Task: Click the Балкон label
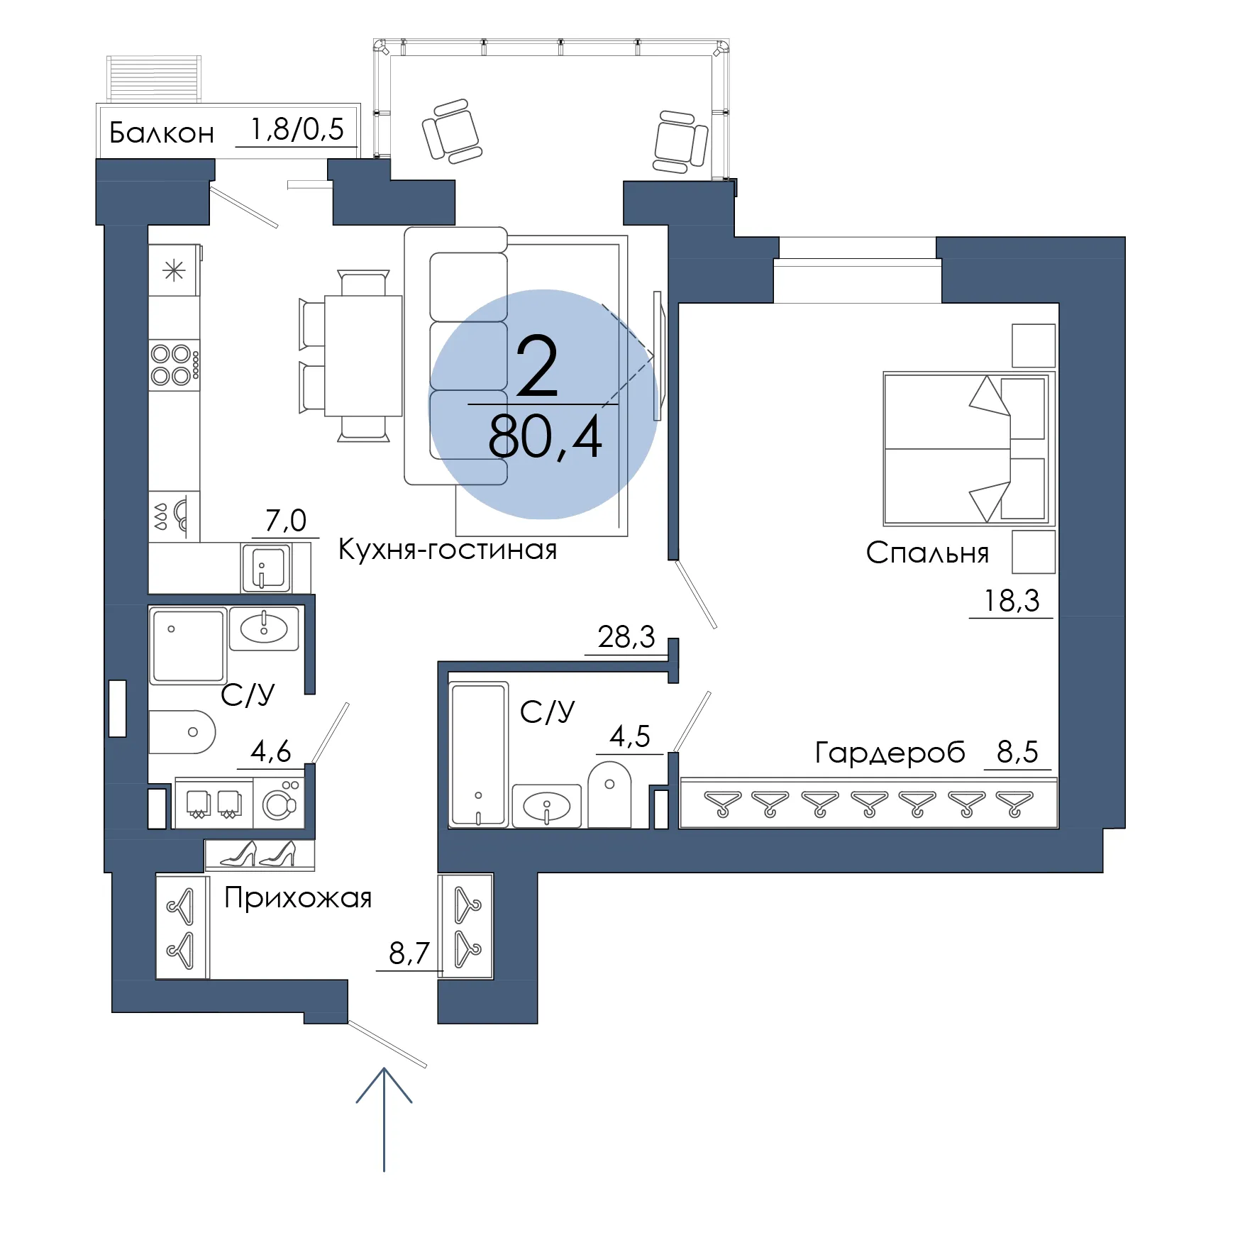coord(162,133)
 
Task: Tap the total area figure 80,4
coord(545,437)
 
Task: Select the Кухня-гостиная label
coord(448,549)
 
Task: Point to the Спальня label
coord(927,553)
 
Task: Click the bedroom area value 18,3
coord(1012,601)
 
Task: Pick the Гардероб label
coord(890,752)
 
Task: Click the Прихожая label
coord(298,898)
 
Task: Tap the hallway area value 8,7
coord(409,953)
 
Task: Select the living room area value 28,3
coord(626,637)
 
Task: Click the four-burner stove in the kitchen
coord(175,365)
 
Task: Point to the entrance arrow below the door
coord(384,1119)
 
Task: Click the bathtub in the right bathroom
coord(479,754)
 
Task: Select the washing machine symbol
coord(279,803)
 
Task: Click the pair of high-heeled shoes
coord(258,854)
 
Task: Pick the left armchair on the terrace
coord(452,131)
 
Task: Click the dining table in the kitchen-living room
coord(363,355)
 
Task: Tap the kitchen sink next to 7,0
coord(266,568)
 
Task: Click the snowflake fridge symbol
coord(174,270)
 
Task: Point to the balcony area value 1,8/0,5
coord(297,130)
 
